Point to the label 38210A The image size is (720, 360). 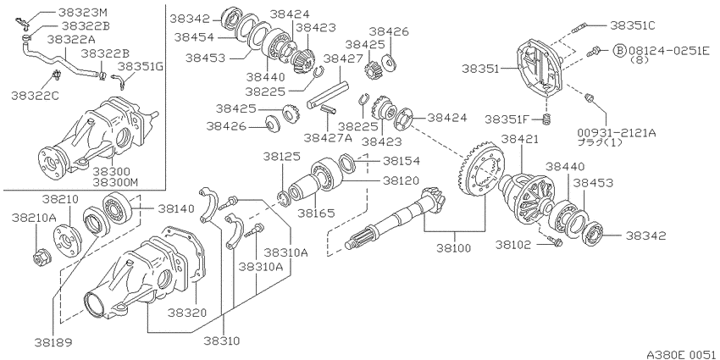[34, 216]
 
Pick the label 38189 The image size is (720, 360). [53, 342]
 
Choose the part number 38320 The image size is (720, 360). [186, 313]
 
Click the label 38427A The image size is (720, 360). [328, 137]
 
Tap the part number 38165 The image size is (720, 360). [317, 213]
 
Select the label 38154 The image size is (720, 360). [402, 161]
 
